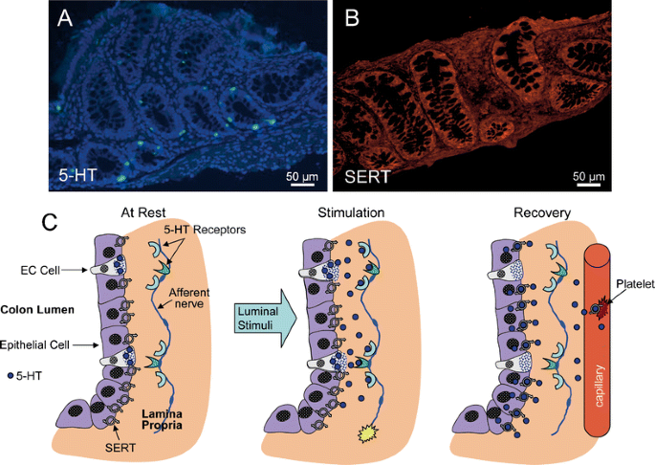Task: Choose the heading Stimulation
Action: click(353, 212)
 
